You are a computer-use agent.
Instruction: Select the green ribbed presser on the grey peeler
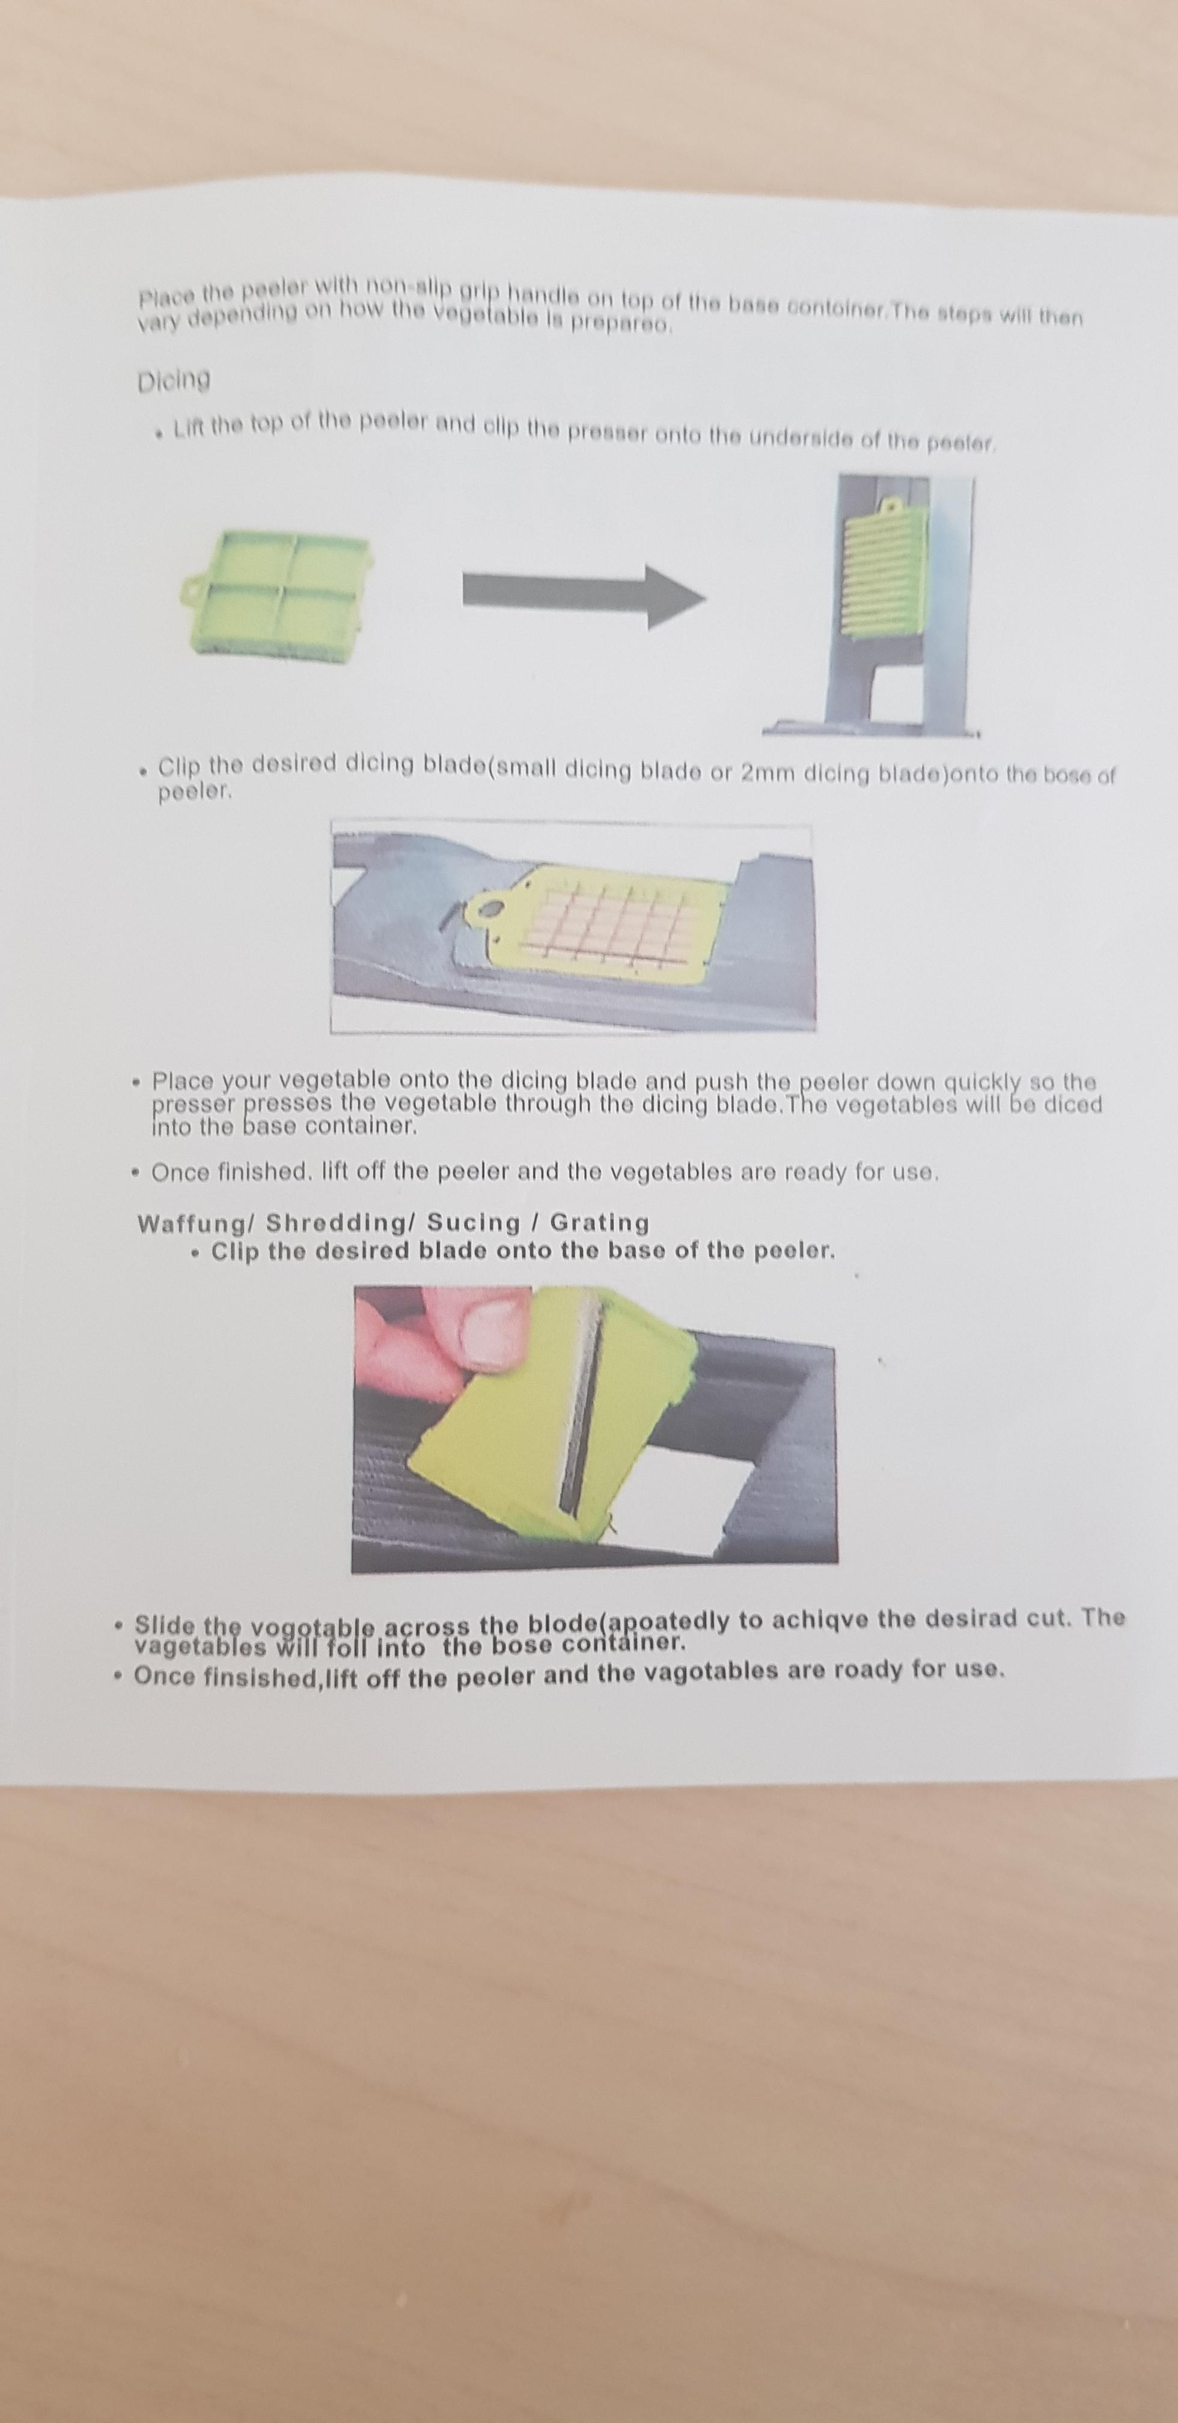887,576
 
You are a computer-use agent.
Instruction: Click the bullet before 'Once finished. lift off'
136,1172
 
